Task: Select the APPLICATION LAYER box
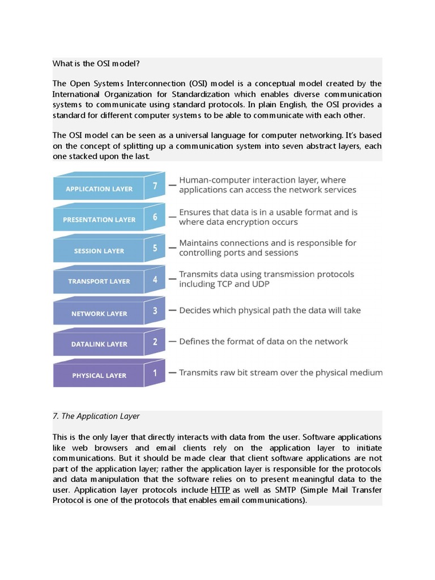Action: pyautogui.click(x=99, y=189)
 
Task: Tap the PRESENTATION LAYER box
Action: pyautogui.click(x=99, y=220)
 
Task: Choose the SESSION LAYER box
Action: pyautogui.click(x=99, y=251)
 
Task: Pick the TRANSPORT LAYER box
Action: pyautogui.click(x=99, y=282)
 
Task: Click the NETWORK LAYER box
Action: pyautogui.click(x=99, y=313)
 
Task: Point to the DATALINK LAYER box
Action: pyautogui.click(x=99, y=344)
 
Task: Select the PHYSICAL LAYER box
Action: pyautogui.click(x=99, y=376)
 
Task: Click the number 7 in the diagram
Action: pyautogui.click(x=155, y=185)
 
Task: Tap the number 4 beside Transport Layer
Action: pyautogui.click(x=155, y=278)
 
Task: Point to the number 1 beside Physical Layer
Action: pyautogui.click(x=155, y=372)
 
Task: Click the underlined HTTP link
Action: pyautogui.click(x=220, y=490)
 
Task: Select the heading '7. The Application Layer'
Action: pyautogui.click(x=96, y=416)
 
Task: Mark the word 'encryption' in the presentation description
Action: pyautogui.click(x=254, y=223)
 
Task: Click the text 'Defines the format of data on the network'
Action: pyautogui.click(x=263, y=342)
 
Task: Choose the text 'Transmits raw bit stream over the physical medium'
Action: pyautogui.click(x=280, y=373)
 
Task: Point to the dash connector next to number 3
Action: pyautogui.click(x=172, y=311)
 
